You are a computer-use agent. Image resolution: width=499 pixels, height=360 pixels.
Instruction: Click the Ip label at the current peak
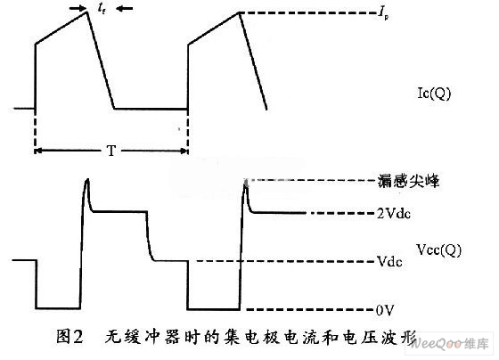click(383, 14)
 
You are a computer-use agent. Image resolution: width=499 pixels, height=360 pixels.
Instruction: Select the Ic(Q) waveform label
click(434, 94)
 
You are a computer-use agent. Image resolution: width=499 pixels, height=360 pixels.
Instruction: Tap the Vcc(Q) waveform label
click(438, 250)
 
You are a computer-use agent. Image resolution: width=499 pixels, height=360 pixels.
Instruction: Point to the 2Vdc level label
click(394, 213)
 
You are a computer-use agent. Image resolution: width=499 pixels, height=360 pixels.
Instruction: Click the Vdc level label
click(389, 261)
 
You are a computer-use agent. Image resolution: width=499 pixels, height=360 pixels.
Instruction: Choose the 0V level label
click(385, 310)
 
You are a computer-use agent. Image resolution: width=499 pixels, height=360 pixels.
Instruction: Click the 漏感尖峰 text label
click(408, 181)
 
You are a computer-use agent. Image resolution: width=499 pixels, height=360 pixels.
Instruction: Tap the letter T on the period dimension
click(111, 151)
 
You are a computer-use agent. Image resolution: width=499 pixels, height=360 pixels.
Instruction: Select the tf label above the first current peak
click(102, 9)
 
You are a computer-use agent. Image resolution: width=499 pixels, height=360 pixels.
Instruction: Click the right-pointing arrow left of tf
click(78, 9)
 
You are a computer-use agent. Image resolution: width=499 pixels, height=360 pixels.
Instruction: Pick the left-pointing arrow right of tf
click(125, 9)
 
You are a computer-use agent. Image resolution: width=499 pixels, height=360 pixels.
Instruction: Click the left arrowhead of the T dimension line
click(38, 151)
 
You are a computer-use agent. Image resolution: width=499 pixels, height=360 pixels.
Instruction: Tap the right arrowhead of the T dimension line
click(184, 151)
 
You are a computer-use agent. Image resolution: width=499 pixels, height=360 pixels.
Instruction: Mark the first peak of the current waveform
click(87, 12)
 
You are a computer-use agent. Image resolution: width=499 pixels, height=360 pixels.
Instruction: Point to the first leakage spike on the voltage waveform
click(87, 181)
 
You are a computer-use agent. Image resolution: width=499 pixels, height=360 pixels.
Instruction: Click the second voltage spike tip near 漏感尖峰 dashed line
click(245, 182)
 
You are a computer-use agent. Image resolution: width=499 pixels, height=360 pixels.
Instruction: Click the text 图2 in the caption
click(70, 337)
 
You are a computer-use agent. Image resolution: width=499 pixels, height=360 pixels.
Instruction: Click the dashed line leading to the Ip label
click(308, 13)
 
